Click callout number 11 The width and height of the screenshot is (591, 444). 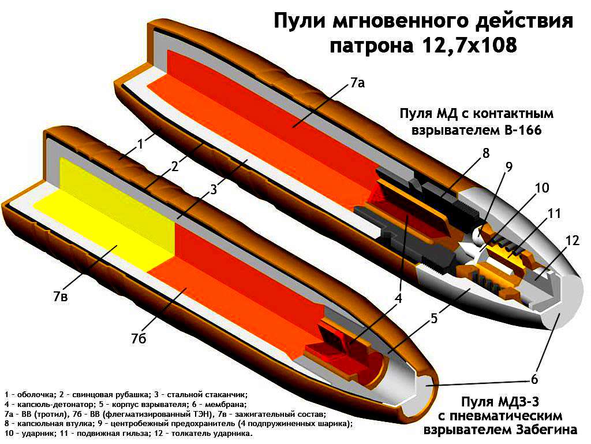[555, 213]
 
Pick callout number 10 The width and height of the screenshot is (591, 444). [541, 188]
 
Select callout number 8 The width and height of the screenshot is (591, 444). [486, 153]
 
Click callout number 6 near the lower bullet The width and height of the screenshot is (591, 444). [534, 379]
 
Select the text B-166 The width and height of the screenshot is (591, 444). [519, 131]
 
